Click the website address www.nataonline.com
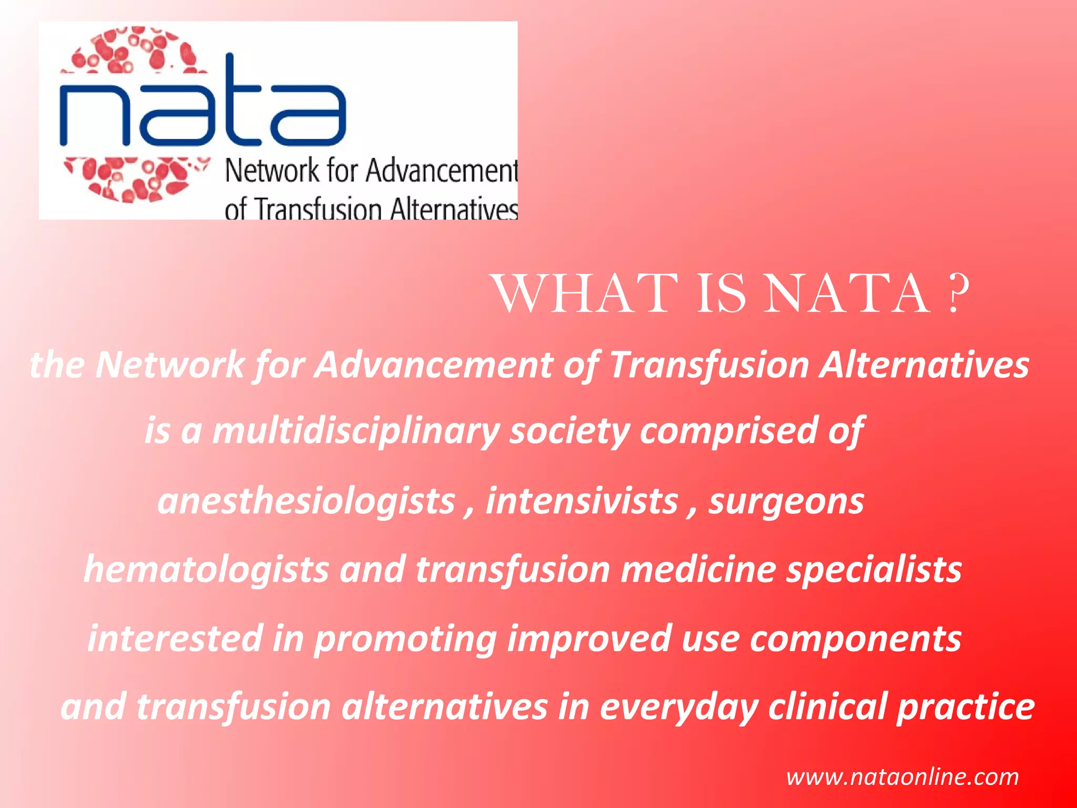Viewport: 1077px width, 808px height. coord(902,777)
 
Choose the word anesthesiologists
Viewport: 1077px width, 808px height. coord(306,501)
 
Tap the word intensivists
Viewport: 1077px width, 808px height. coord(582,501)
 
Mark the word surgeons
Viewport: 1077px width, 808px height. coord(786,502)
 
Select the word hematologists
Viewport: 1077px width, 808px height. coord(206,570)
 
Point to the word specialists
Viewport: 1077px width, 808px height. coord(873,570)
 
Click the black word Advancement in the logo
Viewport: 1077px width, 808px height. coord(442,171)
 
